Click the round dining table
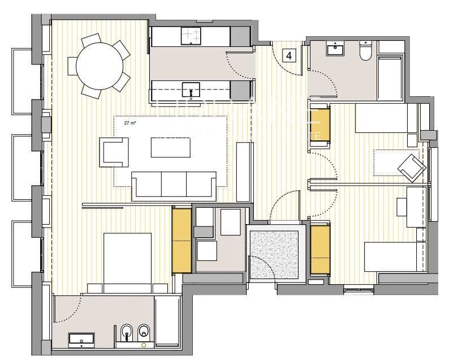[x=100, y=66]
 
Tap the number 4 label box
[x=290, y=55]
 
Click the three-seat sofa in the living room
[x=173, y=185]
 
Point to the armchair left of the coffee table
[x=114, y=151]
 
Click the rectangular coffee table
[x=170, y=148]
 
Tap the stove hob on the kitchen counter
[x=191, y=36]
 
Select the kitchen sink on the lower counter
[x=191, y=89]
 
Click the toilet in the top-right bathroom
[x=365, y=50]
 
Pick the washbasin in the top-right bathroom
[x=335, y=49]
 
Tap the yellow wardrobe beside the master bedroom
[x=182, y=240]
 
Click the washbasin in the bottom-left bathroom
[x=81, y=340]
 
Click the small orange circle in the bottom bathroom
[x=144, y=344]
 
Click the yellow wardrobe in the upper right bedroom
[x=320, y=125]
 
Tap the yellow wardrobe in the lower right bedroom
[x=320, y=248]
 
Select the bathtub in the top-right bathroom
[x=390, y=78]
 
